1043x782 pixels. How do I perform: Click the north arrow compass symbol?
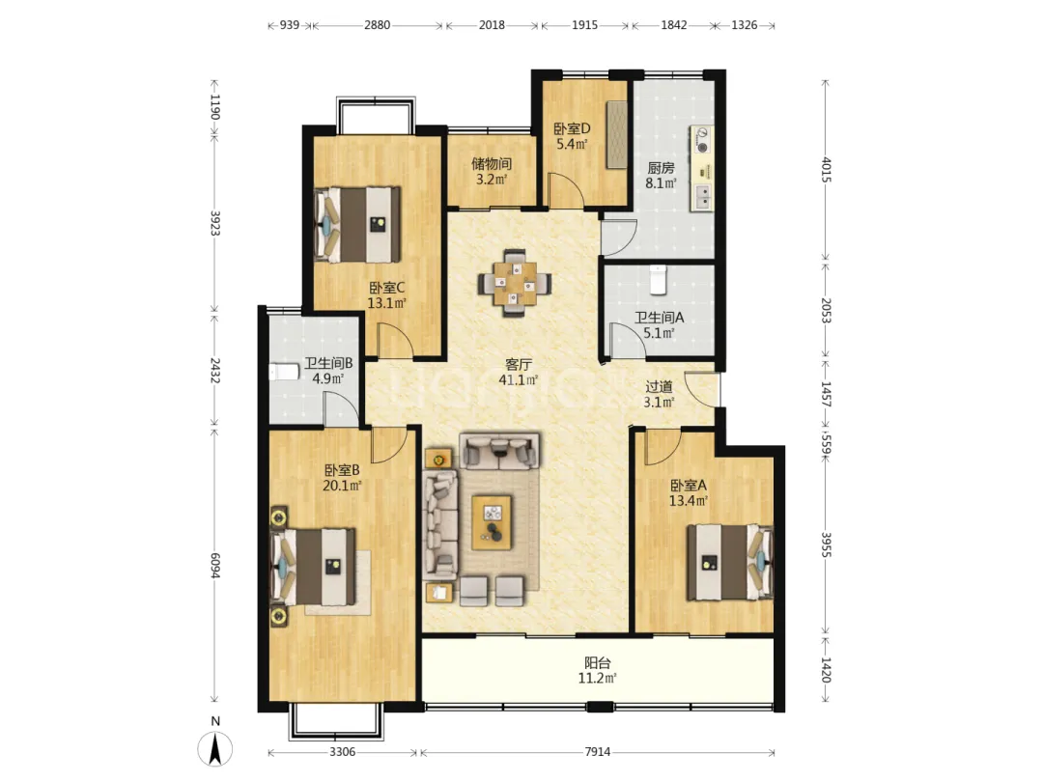click(214, 749)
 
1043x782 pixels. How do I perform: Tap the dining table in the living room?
click(515, 284)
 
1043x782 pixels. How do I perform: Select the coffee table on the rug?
click(492, 522)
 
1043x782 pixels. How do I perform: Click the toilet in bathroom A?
click(658, 280)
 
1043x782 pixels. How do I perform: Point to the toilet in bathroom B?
click(285, 371)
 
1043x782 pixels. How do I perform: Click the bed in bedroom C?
click(357, 225)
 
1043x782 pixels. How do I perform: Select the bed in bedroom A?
click(730, 562)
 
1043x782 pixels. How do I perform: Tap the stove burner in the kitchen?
click(702, 140)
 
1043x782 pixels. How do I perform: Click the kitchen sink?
click(702, 196)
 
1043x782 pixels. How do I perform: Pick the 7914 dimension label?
click(598, 751)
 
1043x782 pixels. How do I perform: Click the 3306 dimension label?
click(342, 751)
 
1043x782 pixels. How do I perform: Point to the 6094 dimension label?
click(214, 565)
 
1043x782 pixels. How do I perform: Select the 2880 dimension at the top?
click(378, 25)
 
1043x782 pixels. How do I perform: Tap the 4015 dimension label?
click(826, 170)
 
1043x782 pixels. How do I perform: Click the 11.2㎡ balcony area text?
click(598, 679)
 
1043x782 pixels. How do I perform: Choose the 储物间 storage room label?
click(492, 163)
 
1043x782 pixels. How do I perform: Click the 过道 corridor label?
click(660, 386)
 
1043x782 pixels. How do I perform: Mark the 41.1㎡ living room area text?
click(519, 380)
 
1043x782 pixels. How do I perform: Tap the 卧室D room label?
click(572, 128)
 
